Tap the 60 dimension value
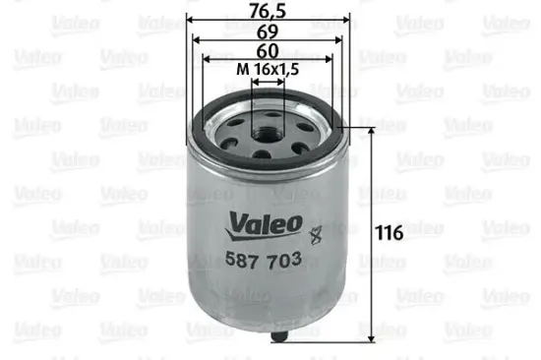pos(266,51)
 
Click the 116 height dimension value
pos(391,234)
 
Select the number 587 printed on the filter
pos(242,263)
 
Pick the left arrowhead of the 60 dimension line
pos(205,61)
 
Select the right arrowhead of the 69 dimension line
pos(337,41)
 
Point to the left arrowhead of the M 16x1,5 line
pos(254,82)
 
